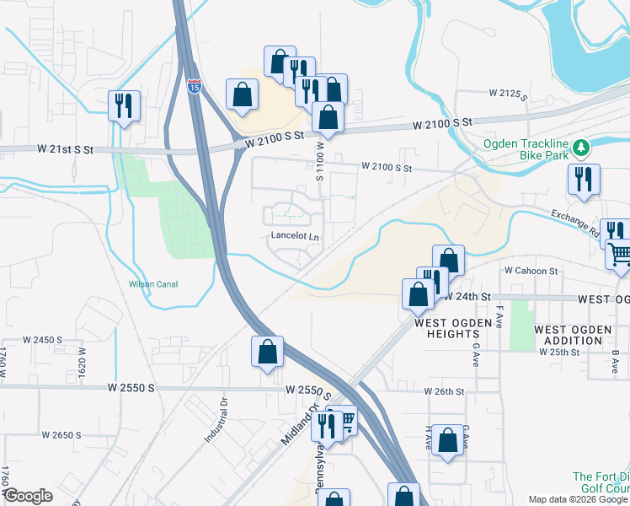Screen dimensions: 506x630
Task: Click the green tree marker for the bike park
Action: click(580, 149)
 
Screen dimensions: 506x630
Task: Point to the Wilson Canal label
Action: click(152, 284)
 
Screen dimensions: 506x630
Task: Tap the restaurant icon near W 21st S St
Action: click(124, 106)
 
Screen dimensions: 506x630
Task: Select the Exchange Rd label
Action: click(575, 223)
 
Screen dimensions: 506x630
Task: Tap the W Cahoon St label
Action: click(531, 271)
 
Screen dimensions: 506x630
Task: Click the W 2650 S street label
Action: click(61, 435)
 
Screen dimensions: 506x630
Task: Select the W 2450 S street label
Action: click(43, 340)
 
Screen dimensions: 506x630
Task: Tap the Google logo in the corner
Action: click(28, 496)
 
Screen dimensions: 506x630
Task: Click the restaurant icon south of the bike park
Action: click(582, 180)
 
